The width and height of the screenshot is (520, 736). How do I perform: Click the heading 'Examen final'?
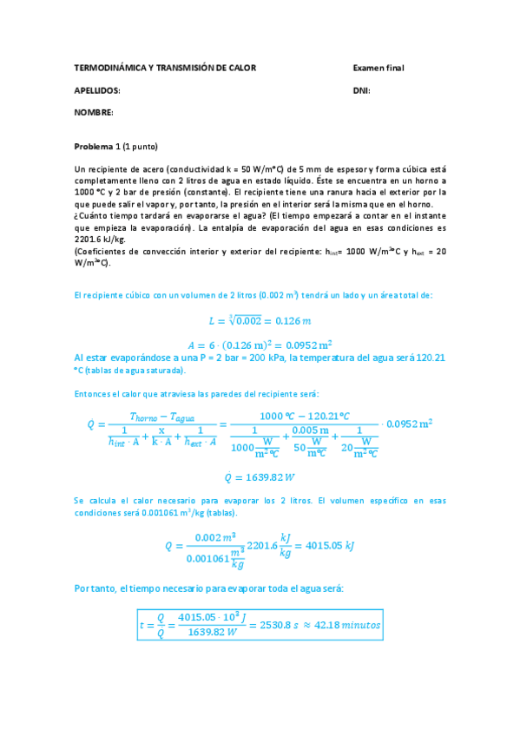pos(378,68)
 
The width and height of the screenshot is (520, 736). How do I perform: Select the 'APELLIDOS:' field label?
pos(97,90)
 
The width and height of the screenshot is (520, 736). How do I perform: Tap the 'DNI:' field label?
pos(362,90)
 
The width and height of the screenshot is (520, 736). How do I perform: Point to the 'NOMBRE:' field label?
pos(94,113)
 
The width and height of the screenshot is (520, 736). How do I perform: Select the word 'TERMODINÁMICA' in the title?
pos(106,68)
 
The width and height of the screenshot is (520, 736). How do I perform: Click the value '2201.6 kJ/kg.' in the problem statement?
pos(101,239)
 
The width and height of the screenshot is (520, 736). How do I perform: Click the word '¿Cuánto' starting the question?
pos(92,214)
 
